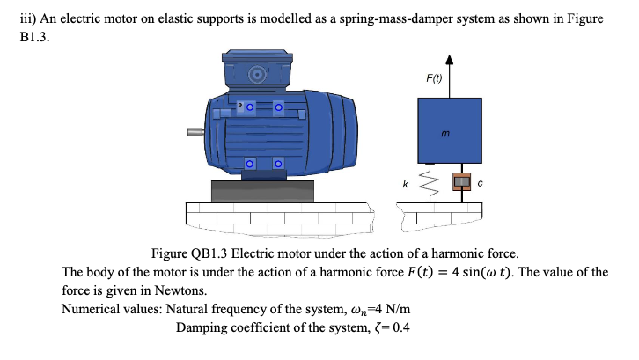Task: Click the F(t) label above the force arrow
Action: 433,79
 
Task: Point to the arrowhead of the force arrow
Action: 450,61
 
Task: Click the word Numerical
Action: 93,309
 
